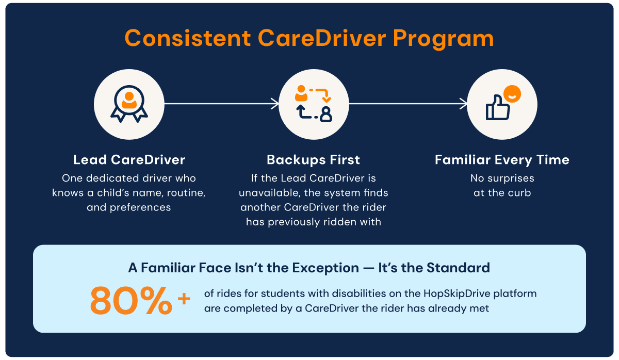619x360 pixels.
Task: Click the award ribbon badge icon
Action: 129,104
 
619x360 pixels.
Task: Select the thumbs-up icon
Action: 498,107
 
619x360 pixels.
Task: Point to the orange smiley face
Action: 512,94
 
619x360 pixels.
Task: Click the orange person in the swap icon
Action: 301,93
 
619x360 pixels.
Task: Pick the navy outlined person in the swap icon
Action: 326,114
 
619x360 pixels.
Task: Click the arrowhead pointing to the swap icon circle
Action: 275,104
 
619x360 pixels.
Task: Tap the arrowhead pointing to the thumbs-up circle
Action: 463,104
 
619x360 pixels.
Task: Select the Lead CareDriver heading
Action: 129,160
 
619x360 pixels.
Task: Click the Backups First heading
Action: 314,160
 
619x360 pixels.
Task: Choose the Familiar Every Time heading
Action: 502,160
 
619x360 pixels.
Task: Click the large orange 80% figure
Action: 131,301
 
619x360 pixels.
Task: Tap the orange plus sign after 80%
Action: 184,299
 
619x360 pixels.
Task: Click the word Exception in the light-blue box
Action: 325,268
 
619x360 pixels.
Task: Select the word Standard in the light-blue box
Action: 458,268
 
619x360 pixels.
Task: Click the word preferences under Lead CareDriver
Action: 140,208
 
